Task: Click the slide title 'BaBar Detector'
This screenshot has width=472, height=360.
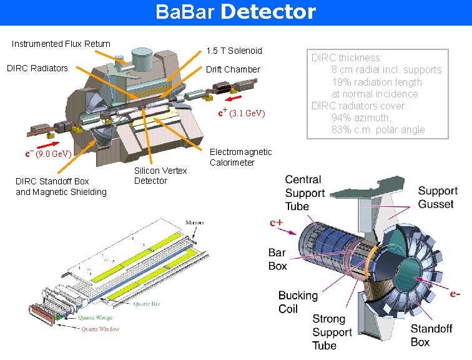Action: point(236,12)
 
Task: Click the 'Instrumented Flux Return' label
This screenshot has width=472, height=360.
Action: point(61,44)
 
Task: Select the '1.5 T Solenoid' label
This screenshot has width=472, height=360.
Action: point(234,51)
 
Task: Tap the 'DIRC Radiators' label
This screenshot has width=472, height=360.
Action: point(37,68)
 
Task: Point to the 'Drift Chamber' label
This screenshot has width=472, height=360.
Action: point(233,69)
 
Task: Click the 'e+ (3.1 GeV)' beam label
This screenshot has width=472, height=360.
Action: point(242,113)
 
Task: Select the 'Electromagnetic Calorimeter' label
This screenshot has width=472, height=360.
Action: point(240,157)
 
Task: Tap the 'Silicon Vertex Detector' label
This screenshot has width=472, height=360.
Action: point(160,176)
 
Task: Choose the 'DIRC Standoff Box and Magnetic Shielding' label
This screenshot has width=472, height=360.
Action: point(61,186)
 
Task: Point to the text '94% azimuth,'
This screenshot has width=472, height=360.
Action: point(361,117)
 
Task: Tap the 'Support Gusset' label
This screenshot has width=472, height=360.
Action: point(438,197)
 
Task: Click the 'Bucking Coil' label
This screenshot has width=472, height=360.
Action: point(298,301)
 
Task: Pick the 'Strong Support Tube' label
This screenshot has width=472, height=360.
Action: point(333,332)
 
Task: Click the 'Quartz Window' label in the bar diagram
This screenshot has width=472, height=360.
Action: point(99,329)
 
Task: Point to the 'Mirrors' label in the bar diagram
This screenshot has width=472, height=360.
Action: point(194,222)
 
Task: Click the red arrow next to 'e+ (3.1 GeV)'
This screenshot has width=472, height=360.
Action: point(233,98)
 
